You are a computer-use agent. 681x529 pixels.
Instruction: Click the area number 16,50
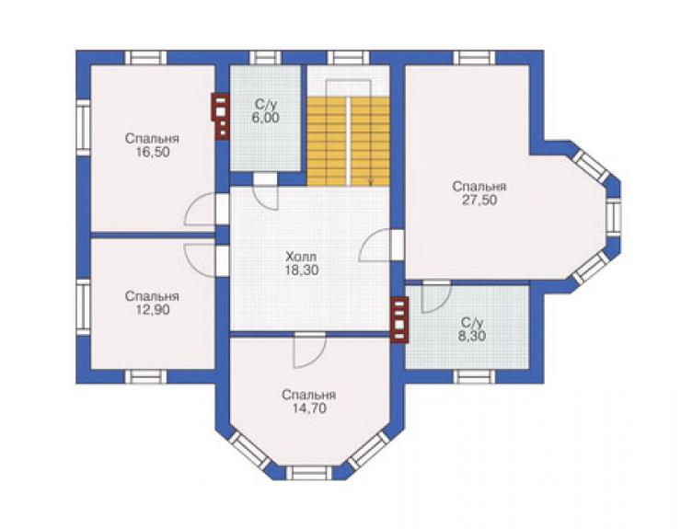coord(152,153)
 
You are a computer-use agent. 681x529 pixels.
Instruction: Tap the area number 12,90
coord(152,310)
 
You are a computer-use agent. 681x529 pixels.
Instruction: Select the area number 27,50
coord(479,201)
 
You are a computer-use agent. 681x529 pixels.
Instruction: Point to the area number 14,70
coord(309,408)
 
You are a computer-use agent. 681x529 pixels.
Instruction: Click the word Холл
coord(302,257)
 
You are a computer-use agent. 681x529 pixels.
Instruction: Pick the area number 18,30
coord(302,270)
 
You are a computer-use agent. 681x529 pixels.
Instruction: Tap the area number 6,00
coord(265,117)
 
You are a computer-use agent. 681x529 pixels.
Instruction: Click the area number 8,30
coord(472,336)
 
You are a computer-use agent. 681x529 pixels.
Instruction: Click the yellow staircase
coord(348,142)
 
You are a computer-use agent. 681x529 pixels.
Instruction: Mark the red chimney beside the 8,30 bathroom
coord(400,319)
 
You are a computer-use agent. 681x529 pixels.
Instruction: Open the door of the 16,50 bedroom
coord(202,210)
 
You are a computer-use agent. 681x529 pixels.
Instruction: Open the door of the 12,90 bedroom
coord(202,259)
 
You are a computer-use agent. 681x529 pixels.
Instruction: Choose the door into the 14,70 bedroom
coord(309,350)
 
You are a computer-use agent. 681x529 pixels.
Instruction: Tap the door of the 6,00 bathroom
coord(265,191)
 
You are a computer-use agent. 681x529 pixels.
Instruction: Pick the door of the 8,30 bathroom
coord(436,296)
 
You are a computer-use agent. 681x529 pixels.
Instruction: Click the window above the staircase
coord(348,58)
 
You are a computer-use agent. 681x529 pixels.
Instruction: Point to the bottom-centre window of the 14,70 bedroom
coord(309,473)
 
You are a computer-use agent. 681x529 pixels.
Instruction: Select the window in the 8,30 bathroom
coord(474,376)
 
